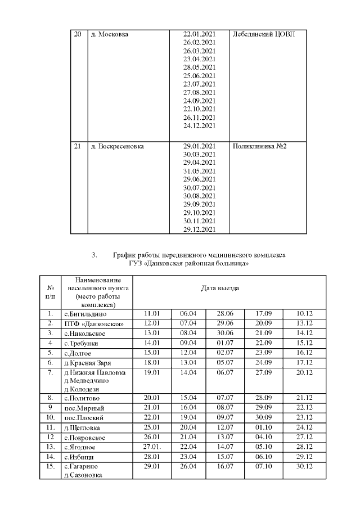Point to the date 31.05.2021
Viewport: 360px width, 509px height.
point(200,171)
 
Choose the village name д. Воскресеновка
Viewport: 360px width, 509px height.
point(117,146)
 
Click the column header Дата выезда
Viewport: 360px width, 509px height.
point(220,288)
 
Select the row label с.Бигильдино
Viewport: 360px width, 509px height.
point(85,313)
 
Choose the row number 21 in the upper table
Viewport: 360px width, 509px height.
point(78,146)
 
